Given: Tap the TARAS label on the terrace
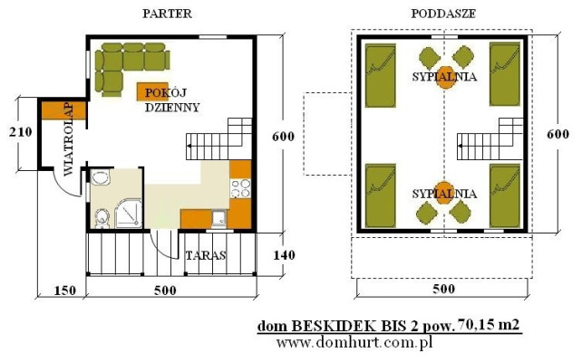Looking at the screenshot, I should tap(204, 255).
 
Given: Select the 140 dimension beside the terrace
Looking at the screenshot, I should tap(284, 255).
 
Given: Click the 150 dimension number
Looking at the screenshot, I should tap(62, 291).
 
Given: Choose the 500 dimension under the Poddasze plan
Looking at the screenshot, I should tap(441, 291).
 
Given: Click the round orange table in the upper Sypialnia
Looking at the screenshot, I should tap(444, 76).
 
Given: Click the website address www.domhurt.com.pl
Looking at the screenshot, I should tap(354, 343).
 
